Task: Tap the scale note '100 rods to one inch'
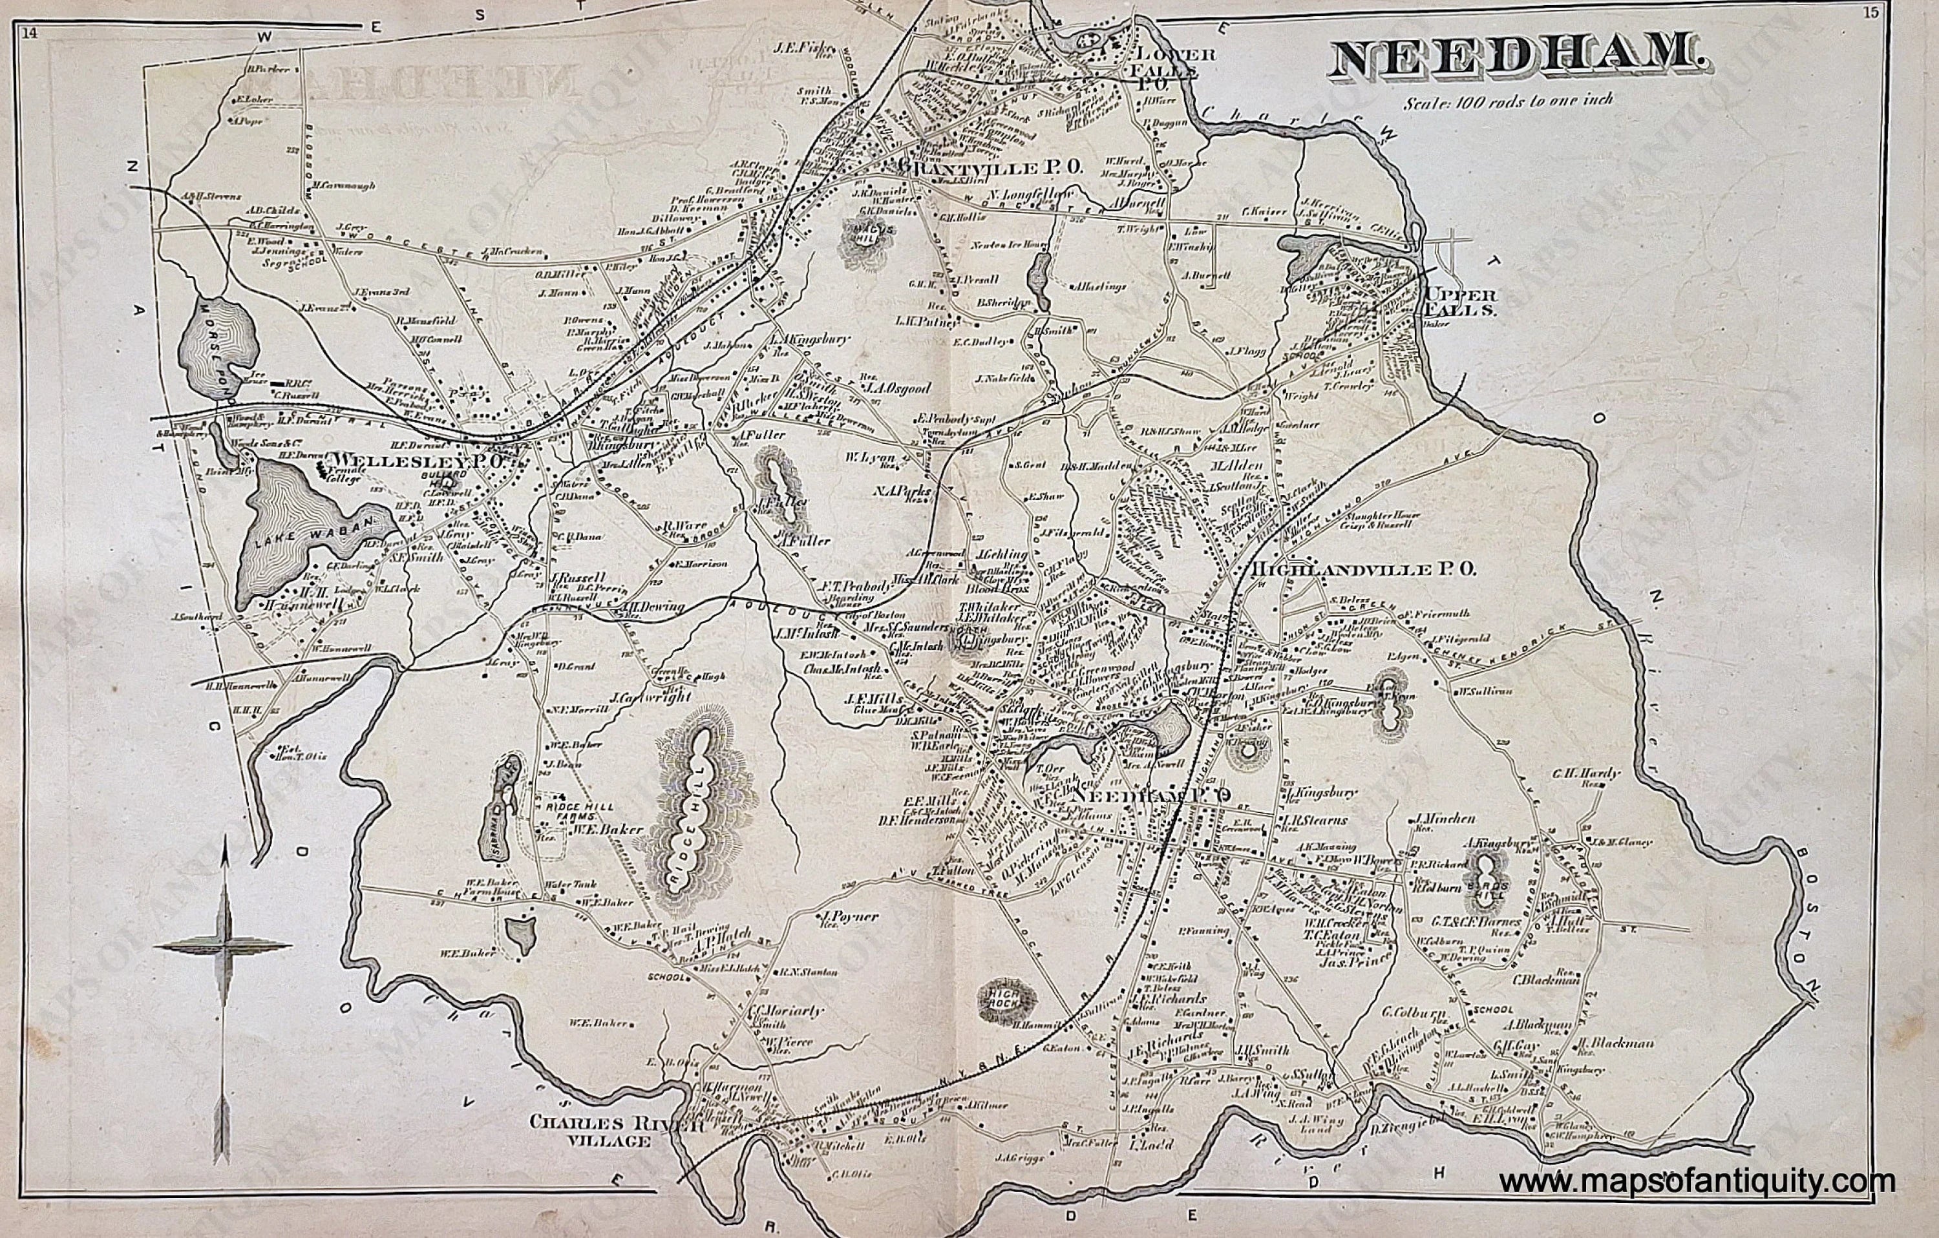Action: [1509, 102]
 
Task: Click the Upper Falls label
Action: [1459, 302]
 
